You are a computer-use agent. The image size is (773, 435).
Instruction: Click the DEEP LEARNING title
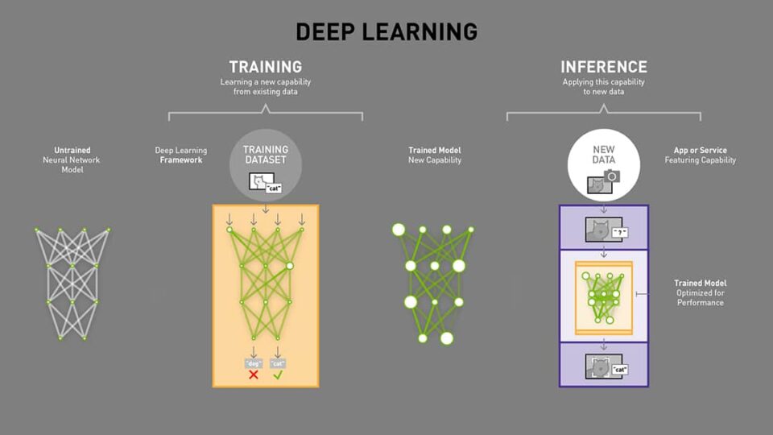tap(386, 31)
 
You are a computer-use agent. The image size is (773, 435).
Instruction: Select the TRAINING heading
tap(265, 67)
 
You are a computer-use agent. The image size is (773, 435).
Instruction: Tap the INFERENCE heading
tap(603, 67)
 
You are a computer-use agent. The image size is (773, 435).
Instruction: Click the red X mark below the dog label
tap(253, 375)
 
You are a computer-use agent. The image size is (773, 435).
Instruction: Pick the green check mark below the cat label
tap(279, 375)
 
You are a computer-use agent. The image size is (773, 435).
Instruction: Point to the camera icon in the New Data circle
tap(612, 176)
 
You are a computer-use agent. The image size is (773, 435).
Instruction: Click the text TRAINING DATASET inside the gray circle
tap(265, 155)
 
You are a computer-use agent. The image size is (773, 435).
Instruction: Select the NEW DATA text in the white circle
tap(603, 155)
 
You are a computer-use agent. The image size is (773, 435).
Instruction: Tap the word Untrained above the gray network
tap(72, 150)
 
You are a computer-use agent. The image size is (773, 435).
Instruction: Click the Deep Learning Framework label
tap(181, 155)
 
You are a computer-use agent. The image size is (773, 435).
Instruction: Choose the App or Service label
tap(700, 150)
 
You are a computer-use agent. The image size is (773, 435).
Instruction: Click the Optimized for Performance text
tap(700, 298)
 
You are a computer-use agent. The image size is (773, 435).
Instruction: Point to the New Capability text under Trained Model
tap(435, 160)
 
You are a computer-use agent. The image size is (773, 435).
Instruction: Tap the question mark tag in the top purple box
tap(618, 232)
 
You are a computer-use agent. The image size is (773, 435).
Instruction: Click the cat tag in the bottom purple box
tap(619, 369)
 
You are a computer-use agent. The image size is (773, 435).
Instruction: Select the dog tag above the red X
tap(253, 362)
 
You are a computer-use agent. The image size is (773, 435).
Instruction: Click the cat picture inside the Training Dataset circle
tap(258, 184)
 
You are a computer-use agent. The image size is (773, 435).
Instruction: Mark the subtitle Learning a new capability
tap(265, 82)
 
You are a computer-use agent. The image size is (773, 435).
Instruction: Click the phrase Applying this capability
tap(603, 82)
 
